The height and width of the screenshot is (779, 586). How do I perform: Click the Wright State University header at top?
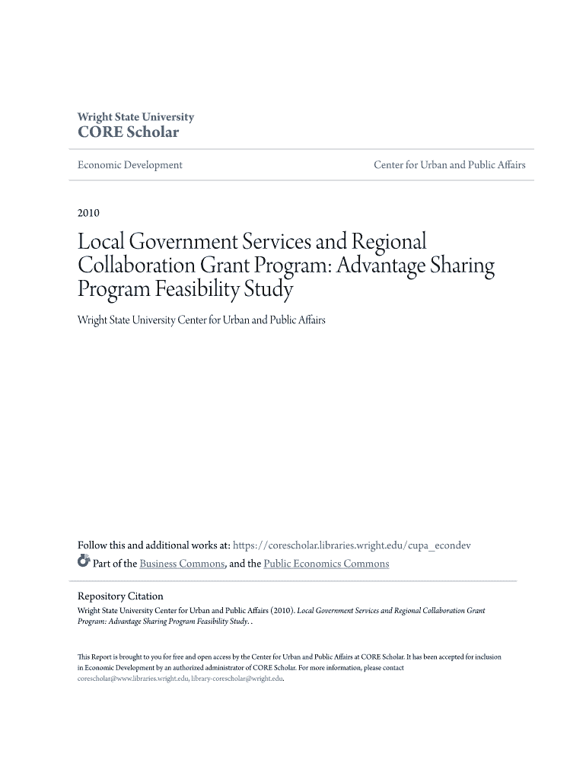[x=135, y=117]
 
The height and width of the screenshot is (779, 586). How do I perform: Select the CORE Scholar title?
[x=128, y=132]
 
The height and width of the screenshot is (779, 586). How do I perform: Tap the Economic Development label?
[x=130, y=165]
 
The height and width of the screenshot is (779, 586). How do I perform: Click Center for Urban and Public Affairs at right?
[x=449, y=165]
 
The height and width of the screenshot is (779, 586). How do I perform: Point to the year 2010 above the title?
[x=89, y=212]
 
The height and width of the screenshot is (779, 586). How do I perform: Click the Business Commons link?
[x=182, y=564]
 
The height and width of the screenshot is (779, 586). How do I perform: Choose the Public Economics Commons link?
[x=326, y=564]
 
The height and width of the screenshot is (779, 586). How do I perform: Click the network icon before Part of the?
[x=84, y=563]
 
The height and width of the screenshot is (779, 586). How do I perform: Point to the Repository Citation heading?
[x=120, y=596]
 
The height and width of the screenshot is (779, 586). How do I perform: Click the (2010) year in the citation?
[x=279, y=610]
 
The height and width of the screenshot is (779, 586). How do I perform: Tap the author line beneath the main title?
[x=202, y=320]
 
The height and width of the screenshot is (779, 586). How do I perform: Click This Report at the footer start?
[x=94, y=657]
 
